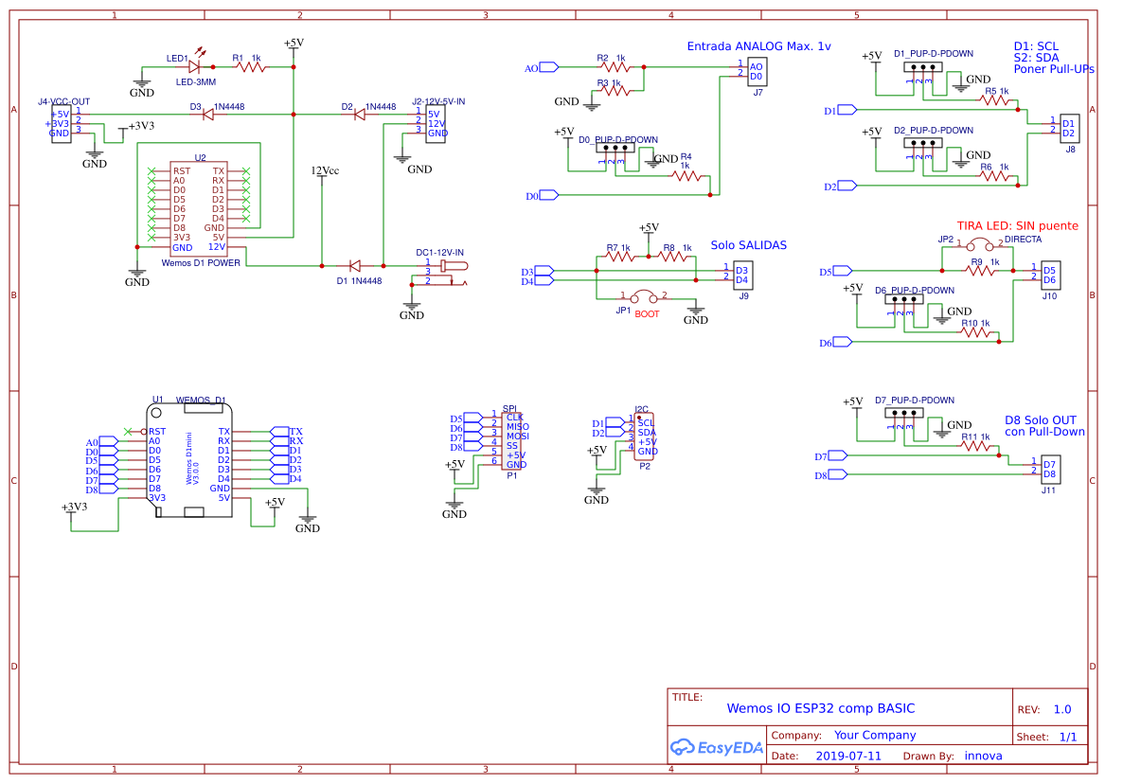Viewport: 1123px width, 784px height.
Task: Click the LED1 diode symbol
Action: click(x=195, y=67)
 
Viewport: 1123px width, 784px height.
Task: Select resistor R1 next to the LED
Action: click(x=251, y=67)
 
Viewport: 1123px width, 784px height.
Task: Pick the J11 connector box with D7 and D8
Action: click(x=1048, y=469)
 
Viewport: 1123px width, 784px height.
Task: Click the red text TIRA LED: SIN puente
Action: click(x=1017, y=226)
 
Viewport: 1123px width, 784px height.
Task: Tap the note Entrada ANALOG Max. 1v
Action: click(x=758, y=46)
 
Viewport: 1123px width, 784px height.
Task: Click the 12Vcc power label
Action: click(x=325, y=171)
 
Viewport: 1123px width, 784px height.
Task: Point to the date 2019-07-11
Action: click(x=847, y=756)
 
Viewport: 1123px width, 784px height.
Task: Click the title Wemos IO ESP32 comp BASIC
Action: click(x=820, y=708)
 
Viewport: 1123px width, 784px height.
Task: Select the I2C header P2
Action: click(x=646, y=437)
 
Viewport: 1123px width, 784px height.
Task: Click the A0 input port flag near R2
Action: click(x=548, y=67)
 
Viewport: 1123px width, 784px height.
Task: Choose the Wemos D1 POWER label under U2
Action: click(x=201, y=262)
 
